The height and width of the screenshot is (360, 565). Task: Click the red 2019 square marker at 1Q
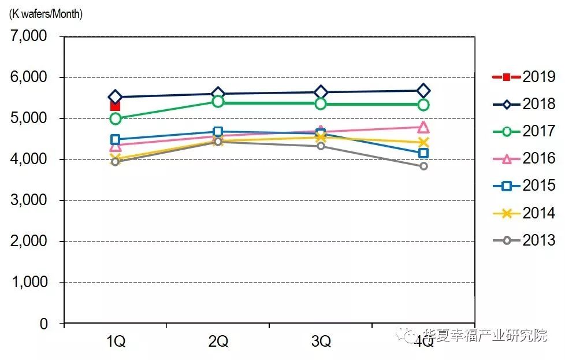tap(115, 106)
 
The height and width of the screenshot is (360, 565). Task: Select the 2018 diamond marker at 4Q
tap(423, 91)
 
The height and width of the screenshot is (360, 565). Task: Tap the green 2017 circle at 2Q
tap(218, 102)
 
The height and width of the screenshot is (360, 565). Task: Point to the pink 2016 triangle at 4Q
tap(423, 127)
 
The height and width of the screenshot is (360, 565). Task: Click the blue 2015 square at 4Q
tap(423, 153)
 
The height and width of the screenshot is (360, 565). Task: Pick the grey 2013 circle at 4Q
tap(423, 166)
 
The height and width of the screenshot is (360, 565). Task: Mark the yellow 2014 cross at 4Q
tap(423, 142)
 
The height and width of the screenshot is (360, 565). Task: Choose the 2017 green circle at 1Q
tap(115, 118)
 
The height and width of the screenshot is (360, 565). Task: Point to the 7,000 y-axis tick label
tap(29, 36)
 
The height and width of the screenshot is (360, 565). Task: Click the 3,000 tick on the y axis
tap(29, 201)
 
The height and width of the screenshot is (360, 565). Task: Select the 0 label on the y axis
tap(44, 324)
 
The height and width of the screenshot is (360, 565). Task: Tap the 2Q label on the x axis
tap(218, 342)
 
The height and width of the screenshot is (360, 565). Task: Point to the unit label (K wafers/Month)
tap(46, 14)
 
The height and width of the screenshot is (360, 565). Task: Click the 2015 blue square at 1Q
tap(115, 139)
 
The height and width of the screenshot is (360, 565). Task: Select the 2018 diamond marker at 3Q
tap(321, 92)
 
